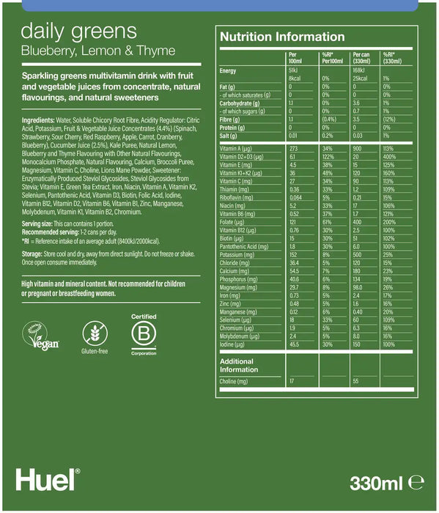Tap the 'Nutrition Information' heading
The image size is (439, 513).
click(x=282, y=37)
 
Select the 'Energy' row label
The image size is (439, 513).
click(x=229, y=70)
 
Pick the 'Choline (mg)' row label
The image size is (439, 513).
click(x=235, y=382)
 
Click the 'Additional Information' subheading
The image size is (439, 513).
click(x=239, y=365)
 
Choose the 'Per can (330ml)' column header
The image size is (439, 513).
click(x=364, y=57)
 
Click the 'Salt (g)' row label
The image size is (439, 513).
click(x=230, y=135)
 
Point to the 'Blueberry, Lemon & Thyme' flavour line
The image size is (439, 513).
click(x=98, y=51)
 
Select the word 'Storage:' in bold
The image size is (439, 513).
click(x=34, y=252)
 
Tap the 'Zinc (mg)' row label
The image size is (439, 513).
click(x=232, y=303)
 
